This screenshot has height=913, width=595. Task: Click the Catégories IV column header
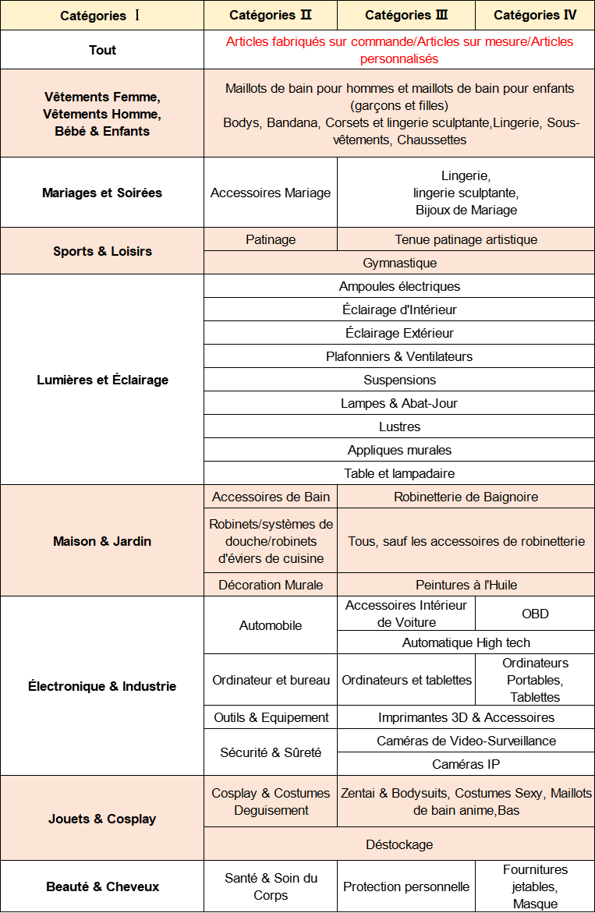[x=535, y=15]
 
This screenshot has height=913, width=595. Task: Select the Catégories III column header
[x=406, y=15]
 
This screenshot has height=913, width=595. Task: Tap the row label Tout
[x=102, y=50]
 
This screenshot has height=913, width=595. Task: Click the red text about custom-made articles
[x=399, y=50]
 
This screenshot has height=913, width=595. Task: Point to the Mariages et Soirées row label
[x=102, y=193]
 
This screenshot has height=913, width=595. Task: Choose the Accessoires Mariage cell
[x=271, y=193]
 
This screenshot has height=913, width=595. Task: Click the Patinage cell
[x=271, y=239]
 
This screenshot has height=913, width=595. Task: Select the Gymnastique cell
[x=399, y=263]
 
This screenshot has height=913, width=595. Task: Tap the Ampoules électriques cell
[x=399, y=286]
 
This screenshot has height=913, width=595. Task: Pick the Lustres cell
[x=399, y=426]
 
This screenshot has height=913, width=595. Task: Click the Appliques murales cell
[x=399, y=450]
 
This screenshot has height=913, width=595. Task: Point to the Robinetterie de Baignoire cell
[x=466, y=497]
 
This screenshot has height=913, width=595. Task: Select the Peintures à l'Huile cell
[x=466, y=585]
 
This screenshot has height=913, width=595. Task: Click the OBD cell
[x=535, y=614]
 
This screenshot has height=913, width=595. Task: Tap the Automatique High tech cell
[x=466, y=642]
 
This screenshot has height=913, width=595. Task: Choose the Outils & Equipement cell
[x=271, y=717]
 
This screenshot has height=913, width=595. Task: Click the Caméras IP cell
[x=466, y=764]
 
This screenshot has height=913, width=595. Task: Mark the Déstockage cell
[x=399, y=844]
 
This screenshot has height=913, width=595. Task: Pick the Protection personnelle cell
[x=406, y=886]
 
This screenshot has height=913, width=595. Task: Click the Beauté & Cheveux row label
[x=102, y=886]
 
